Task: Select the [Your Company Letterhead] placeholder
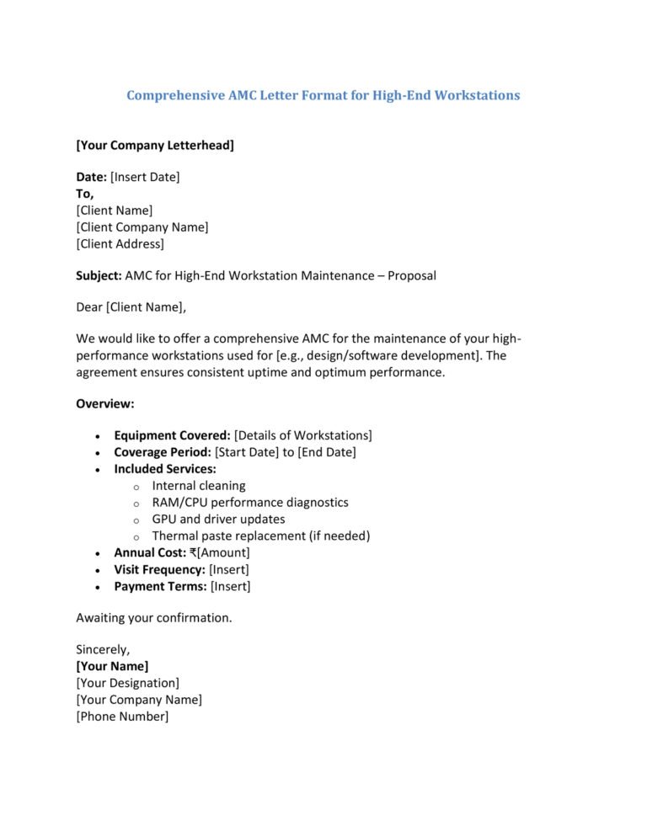(155, 146)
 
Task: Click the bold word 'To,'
(85, 194)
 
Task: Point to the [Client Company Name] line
(142, 227)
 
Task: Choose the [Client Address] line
(120, 244)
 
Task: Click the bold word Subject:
(99, 275)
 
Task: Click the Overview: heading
(105, 403)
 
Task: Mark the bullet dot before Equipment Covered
(99, 436)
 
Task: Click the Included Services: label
(165, 469)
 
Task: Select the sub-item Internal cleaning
(199, 486)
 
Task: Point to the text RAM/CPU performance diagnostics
(250, 503)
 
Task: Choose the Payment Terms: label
(161, 587)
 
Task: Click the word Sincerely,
(103, 649)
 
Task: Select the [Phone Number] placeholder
(122, 717)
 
